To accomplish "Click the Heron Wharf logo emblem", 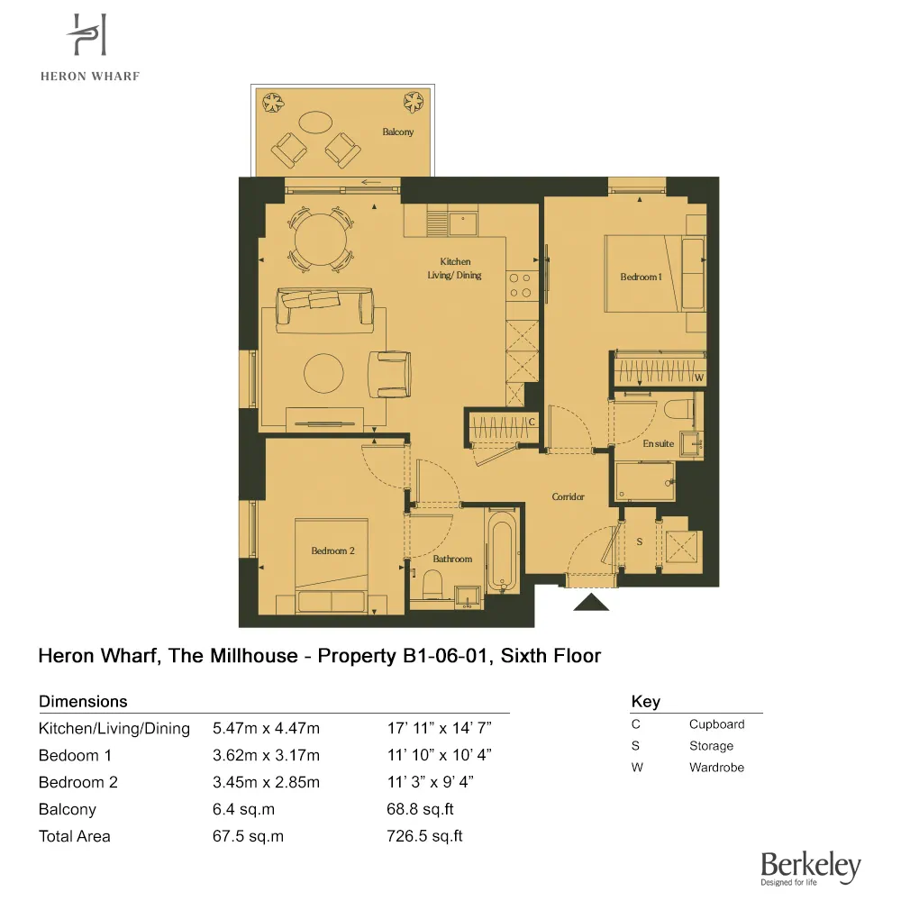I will tap(89, 37).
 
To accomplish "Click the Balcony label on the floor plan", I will tap(397, 132).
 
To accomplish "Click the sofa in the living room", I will tap(325, 307).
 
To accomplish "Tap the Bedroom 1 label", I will tap(641, 277).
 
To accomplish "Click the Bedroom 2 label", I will tap(332, 551).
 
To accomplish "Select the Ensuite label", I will tap(658, 443).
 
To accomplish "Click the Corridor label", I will tap(568, 496).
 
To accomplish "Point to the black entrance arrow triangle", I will tap(591, 603).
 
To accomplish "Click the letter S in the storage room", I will tap(640, 542).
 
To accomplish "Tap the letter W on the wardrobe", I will tap(697, 378).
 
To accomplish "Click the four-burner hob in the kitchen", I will tap(520, 286).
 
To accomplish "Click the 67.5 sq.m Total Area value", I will tap(248, 836).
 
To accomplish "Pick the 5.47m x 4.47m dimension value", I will tap(266, 728).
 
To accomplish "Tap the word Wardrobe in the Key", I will tap(716, 768).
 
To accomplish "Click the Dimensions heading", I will tap(83, 701).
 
